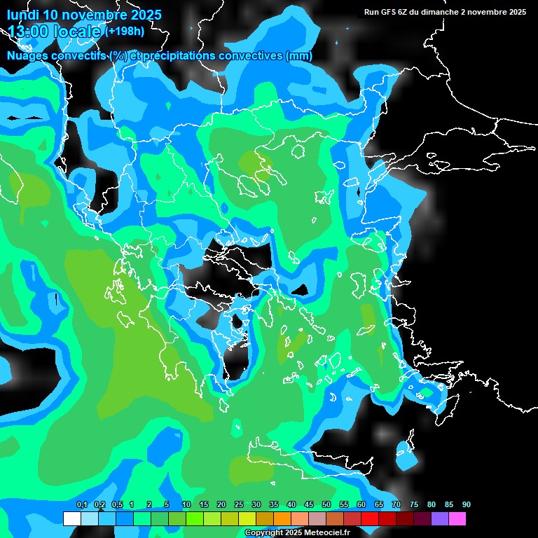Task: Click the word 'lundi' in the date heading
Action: point(23,15)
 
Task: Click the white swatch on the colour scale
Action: point(71,519)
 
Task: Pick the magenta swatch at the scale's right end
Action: point(457,519)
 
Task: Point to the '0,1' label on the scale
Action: point(81,505)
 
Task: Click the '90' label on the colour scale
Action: point(467,505)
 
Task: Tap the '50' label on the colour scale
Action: point(326,505)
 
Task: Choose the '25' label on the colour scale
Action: point(239,505)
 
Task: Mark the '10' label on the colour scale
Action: point(186,505)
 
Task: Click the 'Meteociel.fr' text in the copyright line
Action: point(326,533)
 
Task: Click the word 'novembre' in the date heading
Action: point(95,15)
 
